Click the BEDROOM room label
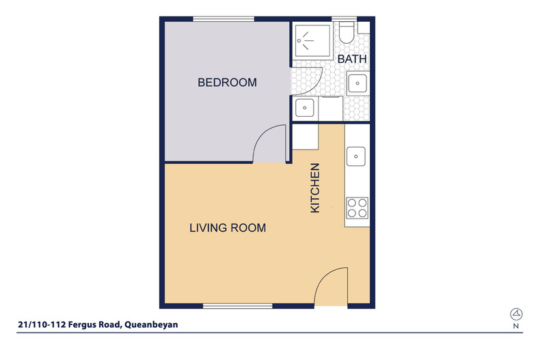point(227,83)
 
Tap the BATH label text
point(352,59)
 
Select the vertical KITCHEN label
point(315,188)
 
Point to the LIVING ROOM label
point(228,228)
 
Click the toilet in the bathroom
point(347,33)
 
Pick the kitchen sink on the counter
point(355,156)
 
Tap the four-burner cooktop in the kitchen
point(357,208)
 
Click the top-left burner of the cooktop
point(352,203)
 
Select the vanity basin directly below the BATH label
point(357,83)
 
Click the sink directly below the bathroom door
point(304,108)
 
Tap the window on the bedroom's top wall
point(224,19)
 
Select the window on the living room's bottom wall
point(238,306)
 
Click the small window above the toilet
point(345,19)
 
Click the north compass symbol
point(516,314)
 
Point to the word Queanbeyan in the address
point(151,324)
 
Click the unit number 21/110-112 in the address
point(42,324)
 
